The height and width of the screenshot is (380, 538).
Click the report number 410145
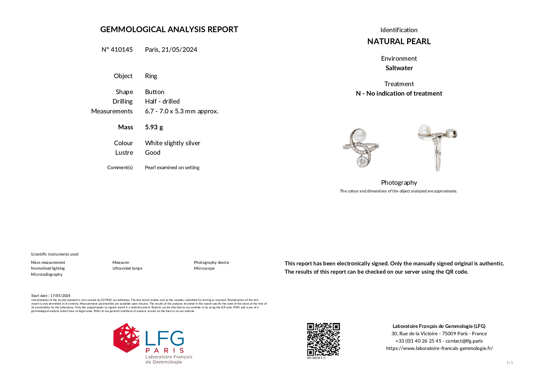coord(121,50)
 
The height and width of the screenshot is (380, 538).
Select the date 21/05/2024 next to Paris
coord(179,50)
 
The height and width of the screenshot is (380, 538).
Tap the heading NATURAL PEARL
coord(399,41)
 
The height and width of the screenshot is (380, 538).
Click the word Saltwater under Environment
coord(399,68)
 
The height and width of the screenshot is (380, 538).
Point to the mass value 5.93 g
coord(154,127)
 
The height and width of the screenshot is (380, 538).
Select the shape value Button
coord(155,92)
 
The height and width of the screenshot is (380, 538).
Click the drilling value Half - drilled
coord(162,101)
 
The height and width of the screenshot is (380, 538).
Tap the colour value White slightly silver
coord(172,143)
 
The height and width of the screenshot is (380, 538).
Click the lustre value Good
coord(152,153)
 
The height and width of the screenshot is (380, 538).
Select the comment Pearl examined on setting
coord(172,168)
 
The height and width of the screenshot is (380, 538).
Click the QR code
coord(323,339)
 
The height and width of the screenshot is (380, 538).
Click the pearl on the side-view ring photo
coord(425,130)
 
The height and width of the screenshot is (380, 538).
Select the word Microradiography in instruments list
coord(47,275)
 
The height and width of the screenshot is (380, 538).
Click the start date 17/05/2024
coord(60,296)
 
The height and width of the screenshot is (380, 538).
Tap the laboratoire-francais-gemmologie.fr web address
coord(439,348)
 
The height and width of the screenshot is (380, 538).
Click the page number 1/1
coord(509,363)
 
